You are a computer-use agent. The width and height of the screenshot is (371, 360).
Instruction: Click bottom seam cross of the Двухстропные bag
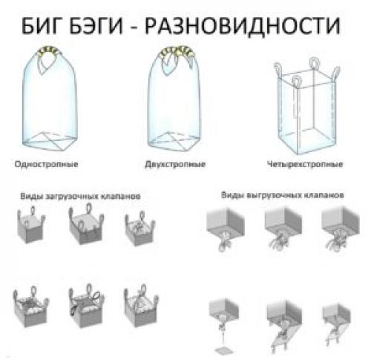tap(180, 139)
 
